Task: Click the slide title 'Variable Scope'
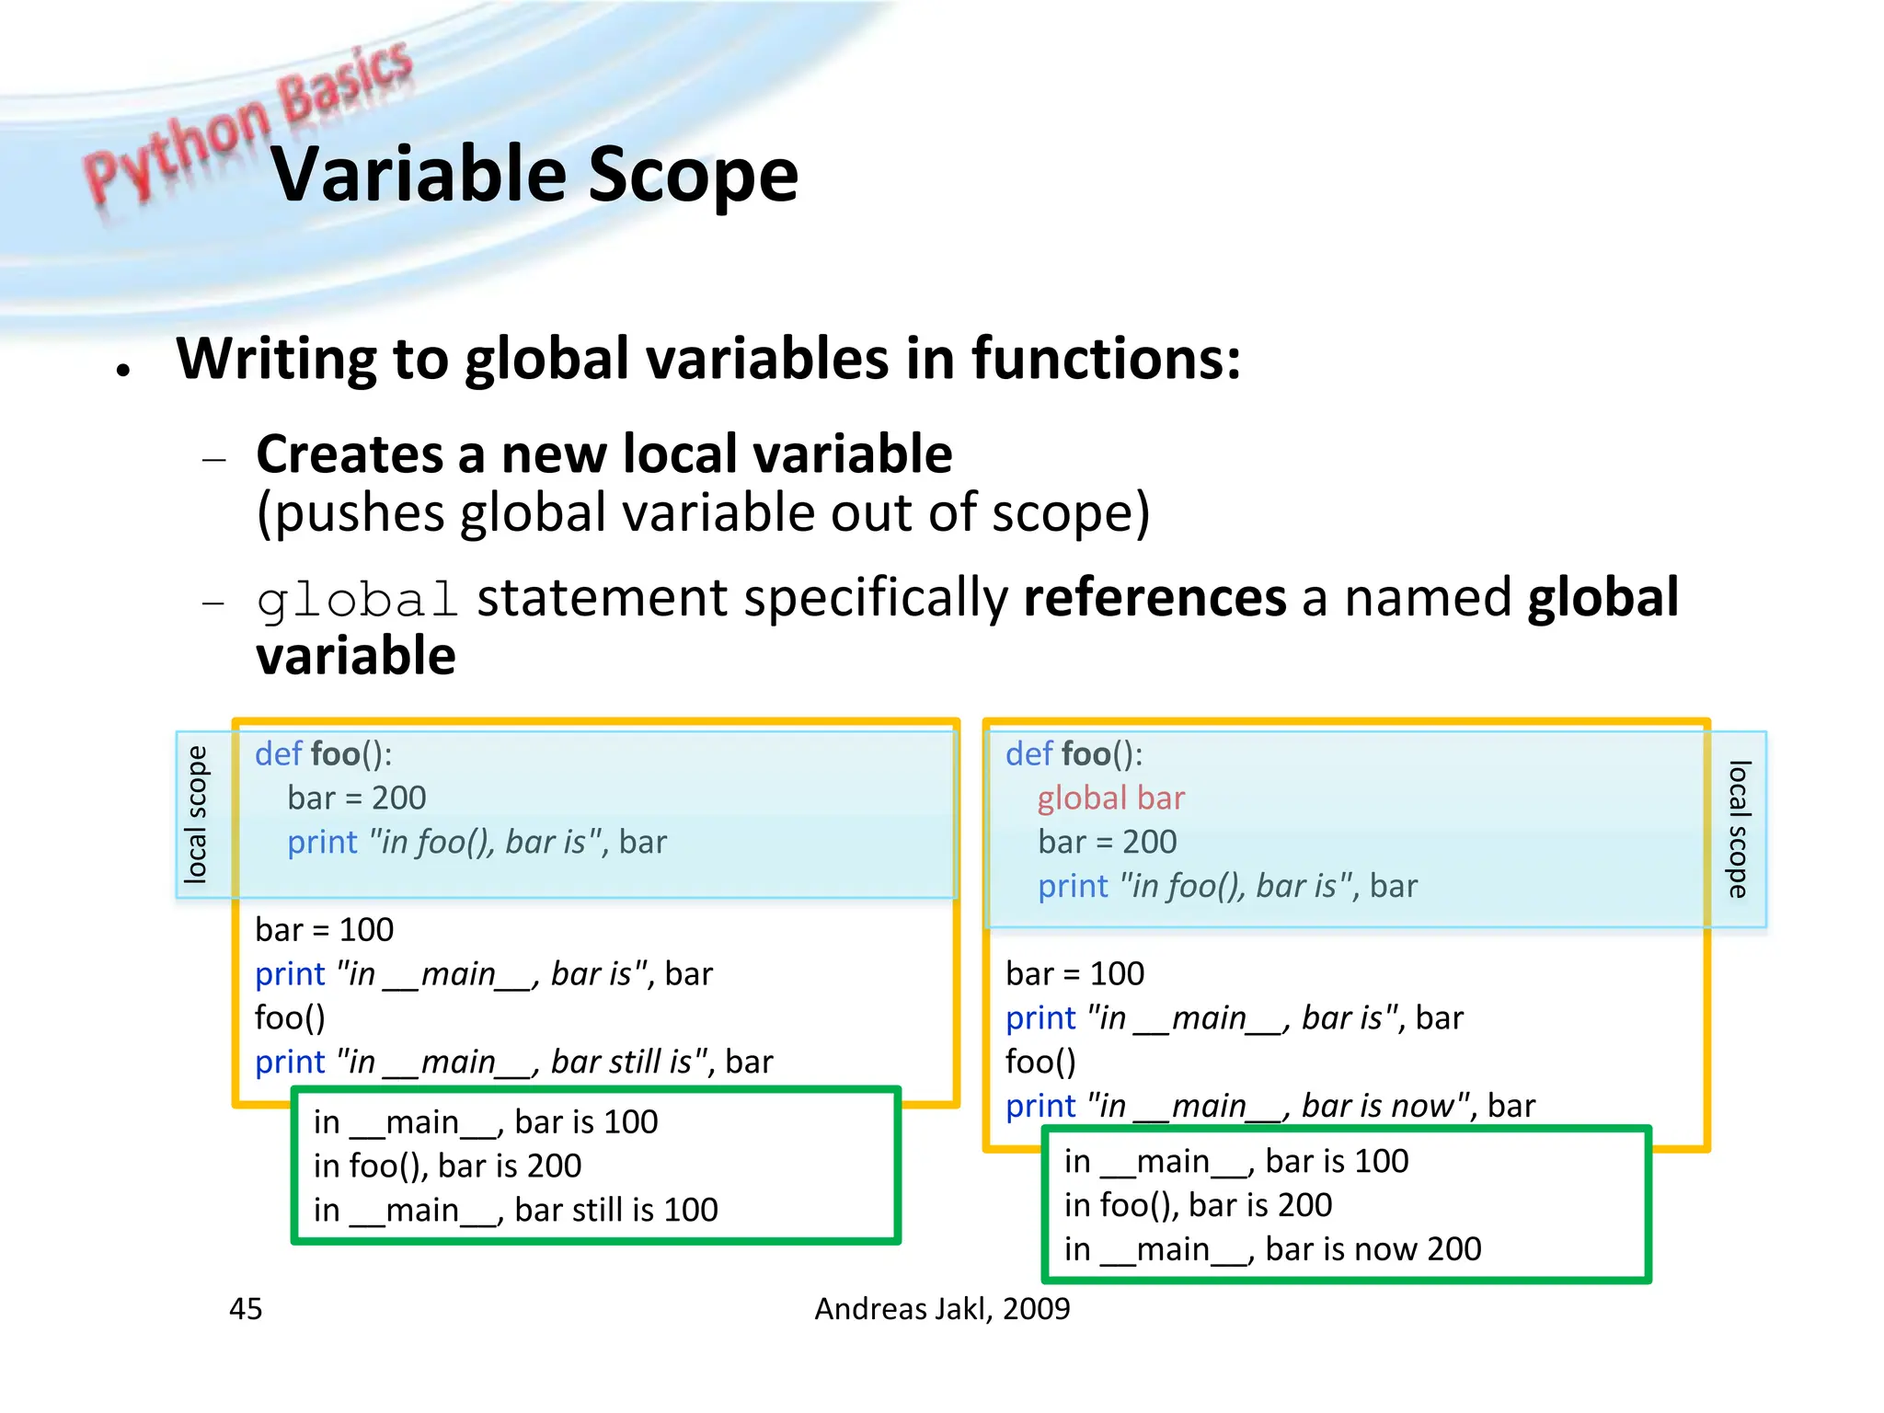tap(534, 175)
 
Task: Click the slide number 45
tap(246, 1308)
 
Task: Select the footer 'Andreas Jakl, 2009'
tap(942, 1308)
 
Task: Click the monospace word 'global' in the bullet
tap(357, 601)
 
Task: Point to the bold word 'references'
tap(1155, 598)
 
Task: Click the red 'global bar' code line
tap(1110, 798)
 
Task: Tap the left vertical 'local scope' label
tap(196, 814)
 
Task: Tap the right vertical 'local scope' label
tap(1737, 828)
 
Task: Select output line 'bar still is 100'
tap(515, 1210)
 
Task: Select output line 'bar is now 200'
tap(1272, 1249)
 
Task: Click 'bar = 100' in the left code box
tap(324, 930)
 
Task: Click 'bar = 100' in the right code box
tap(1074, 974)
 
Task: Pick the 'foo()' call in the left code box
tap(290, 1017)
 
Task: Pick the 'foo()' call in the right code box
tap(1040, 1062)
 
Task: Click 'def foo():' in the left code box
tap(323, 754)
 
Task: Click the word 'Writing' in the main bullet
tap(276, 359)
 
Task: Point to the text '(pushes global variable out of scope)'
tap(703, 513)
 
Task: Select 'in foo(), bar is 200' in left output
tap(447, 1166)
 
